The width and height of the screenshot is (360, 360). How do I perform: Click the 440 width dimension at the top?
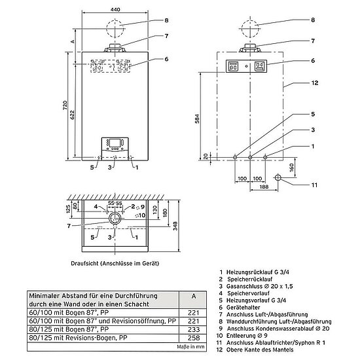[x=115, y=10]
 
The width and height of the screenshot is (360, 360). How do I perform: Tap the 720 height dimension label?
[x=65, y=105]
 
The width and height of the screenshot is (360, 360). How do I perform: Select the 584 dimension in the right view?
[x=197, y=118]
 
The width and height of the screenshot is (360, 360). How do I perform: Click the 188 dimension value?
[x=264, y=187]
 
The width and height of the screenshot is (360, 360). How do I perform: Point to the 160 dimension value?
[x=291, y=168]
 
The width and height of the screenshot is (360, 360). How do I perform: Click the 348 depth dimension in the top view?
[x=175, y=226]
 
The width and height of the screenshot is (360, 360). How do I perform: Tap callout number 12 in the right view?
[x=315, y=83]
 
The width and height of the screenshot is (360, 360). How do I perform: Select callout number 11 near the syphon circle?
[x=314, y=185]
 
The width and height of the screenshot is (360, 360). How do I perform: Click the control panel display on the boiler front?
[x=114, y=143]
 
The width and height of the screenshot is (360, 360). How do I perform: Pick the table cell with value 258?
[x=194, y=338]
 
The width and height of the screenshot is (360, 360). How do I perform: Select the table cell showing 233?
[x=194, y=329]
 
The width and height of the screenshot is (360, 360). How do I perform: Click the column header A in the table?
[x=194, y=296]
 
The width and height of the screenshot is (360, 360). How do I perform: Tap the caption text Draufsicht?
[x=84, y=263]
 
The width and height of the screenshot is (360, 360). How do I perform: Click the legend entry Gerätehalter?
[x=243, y=307]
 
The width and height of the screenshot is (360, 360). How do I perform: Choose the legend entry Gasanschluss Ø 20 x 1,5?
[x=259, y=286]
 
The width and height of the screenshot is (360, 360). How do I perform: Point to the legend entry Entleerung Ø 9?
[x=247, y=335]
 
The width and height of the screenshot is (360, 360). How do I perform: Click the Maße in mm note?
[x=190, y=346]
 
